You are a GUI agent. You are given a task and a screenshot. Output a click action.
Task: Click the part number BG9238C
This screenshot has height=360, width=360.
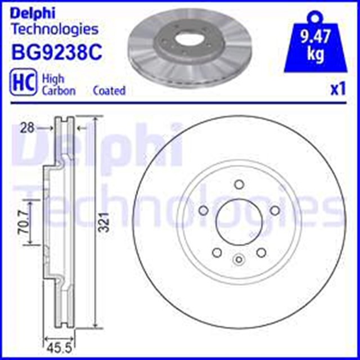point(57,52)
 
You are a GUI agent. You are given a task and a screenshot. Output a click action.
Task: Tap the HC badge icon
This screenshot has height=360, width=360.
point(22,83)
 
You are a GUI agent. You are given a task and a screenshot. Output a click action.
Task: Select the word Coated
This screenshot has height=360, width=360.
point(109,91)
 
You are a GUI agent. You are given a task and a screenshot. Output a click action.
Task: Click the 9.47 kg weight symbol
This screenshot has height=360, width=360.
point(315,41)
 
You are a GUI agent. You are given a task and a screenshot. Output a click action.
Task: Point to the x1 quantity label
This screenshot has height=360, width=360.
point(338,89)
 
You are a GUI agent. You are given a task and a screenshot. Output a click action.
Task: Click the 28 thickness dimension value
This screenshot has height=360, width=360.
point(27,128)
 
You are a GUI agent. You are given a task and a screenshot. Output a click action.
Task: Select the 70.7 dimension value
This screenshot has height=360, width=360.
point(24,222)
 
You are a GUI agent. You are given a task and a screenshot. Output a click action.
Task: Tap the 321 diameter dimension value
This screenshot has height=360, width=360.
point(105,222)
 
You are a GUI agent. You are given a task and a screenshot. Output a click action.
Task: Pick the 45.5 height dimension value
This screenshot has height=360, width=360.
point(58,348)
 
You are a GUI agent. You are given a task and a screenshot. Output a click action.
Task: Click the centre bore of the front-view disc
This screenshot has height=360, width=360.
point(239,222)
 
